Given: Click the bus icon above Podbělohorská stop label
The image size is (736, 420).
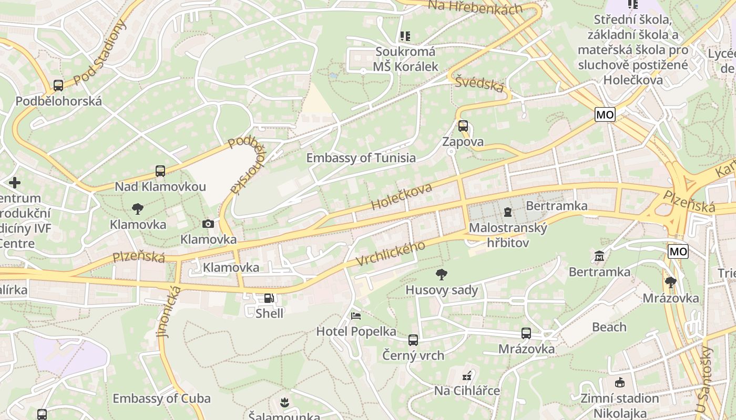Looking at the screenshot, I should tap(58, 86).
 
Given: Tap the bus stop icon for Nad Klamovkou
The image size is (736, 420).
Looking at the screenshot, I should tap(160, 171).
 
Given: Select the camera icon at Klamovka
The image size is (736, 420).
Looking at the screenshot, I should tap(208, 224).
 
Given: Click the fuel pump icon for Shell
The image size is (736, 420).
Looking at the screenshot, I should tap(269, 298).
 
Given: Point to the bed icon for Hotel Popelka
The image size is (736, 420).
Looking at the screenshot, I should tap(356, 316).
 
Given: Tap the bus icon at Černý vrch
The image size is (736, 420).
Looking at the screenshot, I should tap(413, 340).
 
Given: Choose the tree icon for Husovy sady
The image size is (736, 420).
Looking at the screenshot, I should tap(442, 274).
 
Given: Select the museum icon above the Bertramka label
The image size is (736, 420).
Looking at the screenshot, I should tap(599, 257).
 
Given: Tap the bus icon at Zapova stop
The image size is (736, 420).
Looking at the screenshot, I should tap(463, 126).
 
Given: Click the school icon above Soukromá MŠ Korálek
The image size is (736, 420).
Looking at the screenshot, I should tap(405, 36).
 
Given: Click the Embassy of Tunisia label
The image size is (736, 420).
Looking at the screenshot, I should tap(361, 158).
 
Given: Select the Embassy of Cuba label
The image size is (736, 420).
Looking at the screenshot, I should tap(161, 398).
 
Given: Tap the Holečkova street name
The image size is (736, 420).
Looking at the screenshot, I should tap(402, 197).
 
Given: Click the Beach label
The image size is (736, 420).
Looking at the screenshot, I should tap(609, 327).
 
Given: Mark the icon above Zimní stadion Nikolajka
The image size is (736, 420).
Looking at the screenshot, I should tap(619, 383).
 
